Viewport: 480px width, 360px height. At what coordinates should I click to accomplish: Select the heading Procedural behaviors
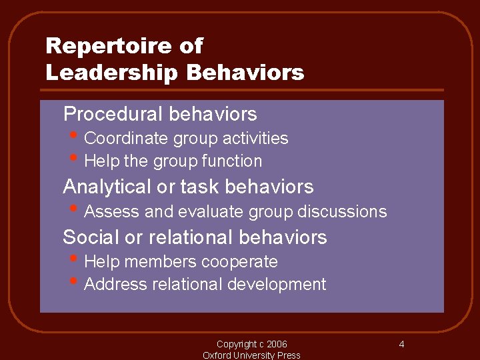(160, 114)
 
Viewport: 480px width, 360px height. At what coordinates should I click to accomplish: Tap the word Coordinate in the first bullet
(127, 139)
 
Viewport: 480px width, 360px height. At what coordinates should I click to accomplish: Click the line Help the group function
(173, 161)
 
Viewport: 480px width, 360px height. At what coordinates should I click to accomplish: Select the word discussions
(341, 212)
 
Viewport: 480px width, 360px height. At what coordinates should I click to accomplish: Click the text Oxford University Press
(251, 355)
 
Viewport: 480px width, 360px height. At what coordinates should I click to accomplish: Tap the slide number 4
(401, 345)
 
